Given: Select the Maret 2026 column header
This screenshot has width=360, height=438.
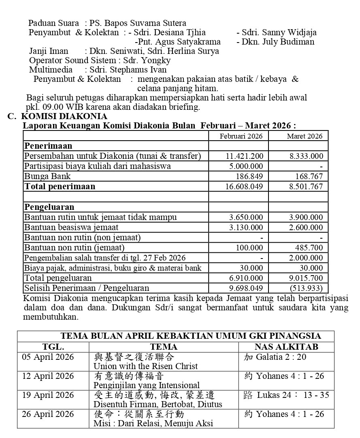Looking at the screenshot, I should coord(305,136).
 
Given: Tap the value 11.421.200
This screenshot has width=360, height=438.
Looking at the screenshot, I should coord(244,156).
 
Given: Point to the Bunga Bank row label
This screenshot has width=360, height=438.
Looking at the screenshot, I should coord(47,176).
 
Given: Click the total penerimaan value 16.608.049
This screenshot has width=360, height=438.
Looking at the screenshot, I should coord(244,186).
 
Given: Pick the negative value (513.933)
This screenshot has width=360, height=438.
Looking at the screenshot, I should coord(306,288).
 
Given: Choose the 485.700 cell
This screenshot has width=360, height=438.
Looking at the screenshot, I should coord(309,248).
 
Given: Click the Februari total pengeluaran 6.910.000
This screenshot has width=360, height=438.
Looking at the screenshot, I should coord(246,278).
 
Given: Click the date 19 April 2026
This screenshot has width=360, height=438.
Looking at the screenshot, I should coord(48,395).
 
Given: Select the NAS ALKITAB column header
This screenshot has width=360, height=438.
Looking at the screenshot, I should coord(286,347).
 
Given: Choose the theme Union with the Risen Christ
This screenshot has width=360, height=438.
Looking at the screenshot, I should coord(146,366).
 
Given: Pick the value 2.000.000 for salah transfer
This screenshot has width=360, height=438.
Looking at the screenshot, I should coord(306,258).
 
